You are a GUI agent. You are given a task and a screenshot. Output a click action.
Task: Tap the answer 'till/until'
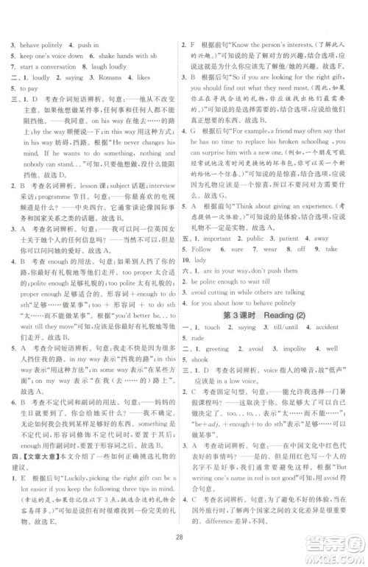tap(281, 326)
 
